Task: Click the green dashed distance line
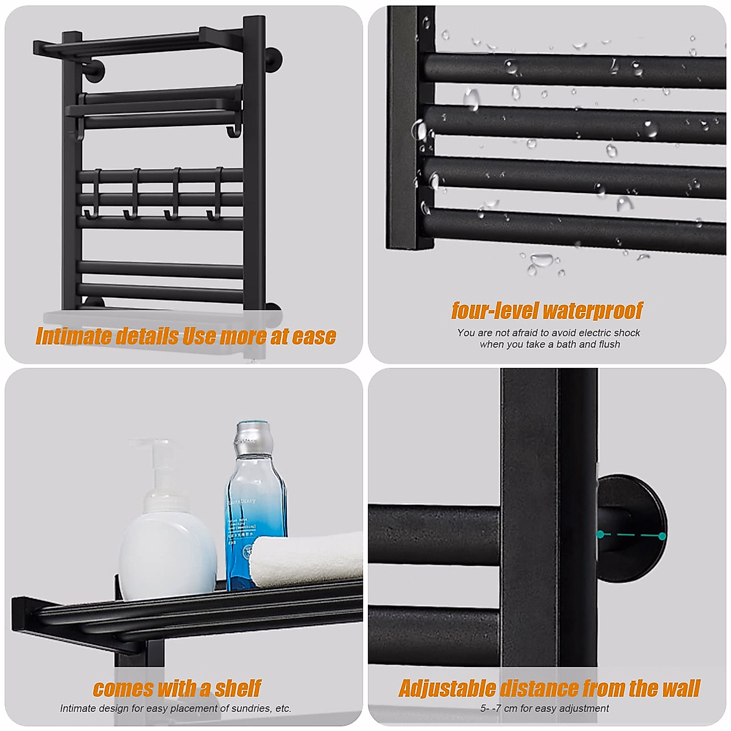tap(631, 535)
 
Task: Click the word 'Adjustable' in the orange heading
tap(448, 688)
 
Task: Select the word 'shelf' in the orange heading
tap(238, 688)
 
